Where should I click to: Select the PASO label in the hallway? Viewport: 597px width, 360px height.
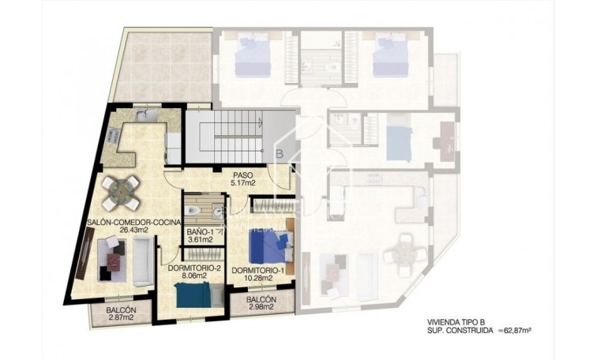242,174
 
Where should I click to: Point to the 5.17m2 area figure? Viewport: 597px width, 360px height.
242,183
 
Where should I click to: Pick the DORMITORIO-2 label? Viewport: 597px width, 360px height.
193,268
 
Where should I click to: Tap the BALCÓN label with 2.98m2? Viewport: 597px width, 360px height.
261,300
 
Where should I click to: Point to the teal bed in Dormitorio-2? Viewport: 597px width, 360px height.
193,294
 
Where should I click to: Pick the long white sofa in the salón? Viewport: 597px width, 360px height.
143,262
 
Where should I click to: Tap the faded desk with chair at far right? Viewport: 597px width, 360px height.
443,142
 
